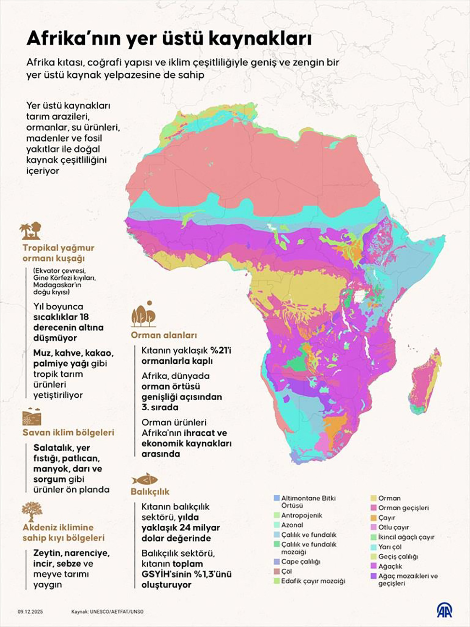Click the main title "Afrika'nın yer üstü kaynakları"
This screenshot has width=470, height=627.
(x=169, y=39)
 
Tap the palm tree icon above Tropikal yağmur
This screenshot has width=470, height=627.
(x=30, y=231)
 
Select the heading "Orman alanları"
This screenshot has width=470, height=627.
(x=164, y=335)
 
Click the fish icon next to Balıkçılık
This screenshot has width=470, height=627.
(x=145, y=480)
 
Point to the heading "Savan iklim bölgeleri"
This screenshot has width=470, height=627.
(x=68, y=433)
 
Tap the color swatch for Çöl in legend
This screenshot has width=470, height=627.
(x=276, y=572)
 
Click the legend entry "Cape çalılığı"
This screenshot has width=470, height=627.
(x=300, y=561)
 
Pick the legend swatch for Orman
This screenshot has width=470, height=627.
(x=373, y=498)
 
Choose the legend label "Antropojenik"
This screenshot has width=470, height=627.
(x=302, y=515)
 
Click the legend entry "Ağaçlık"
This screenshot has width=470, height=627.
(x=390, y=566)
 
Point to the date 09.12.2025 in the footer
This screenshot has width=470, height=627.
(x=30, y=611)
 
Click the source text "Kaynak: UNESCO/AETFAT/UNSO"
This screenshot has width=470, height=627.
(x=107, y=611)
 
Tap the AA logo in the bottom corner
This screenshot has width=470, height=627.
(x=444, y=610)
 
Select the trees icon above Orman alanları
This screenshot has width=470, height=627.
(x=144, y=315)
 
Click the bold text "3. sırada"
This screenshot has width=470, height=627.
(x=160, y=407)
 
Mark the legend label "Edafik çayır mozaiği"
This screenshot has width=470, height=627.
(x=313, y=581)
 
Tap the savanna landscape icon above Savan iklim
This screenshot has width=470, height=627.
(x=32, y=417)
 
